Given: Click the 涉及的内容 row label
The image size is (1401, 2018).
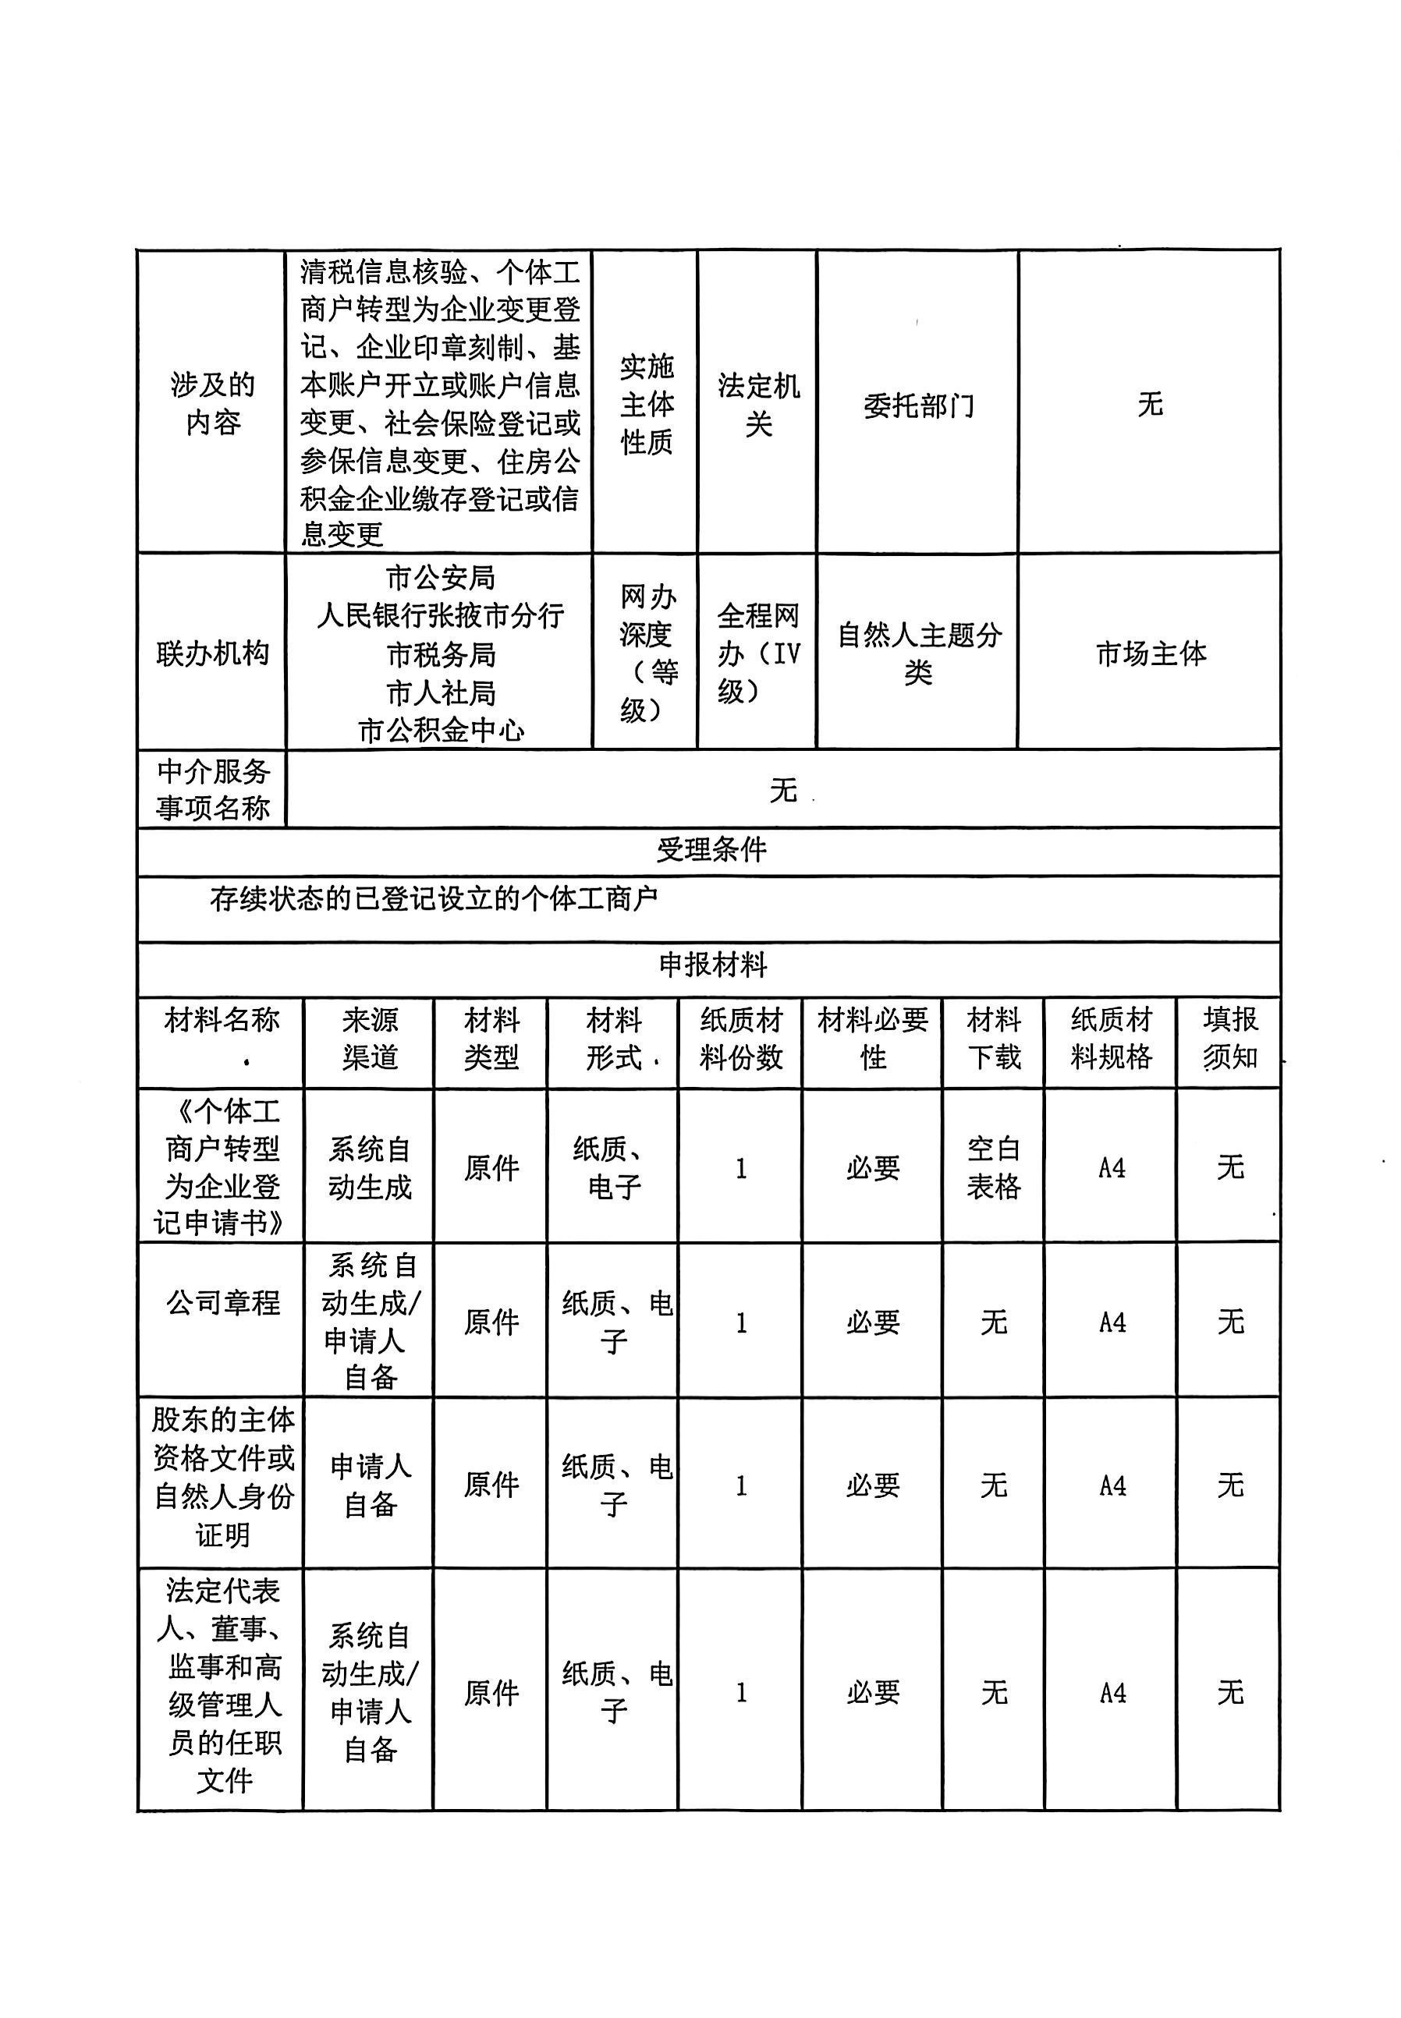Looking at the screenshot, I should (211, 404).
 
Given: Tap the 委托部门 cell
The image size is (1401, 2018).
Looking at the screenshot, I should (918, 405).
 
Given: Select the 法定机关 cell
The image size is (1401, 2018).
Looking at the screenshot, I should (757, 405).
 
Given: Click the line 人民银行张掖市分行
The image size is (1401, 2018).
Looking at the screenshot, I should (440, 616).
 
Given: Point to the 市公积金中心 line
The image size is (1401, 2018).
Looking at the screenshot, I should (440, 731).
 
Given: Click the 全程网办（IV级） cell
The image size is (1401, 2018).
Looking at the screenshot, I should (757, 653).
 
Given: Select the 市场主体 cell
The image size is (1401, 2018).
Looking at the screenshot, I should (1150, 653).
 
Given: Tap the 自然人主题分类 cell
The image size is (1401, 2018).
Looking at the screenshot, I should (918, 653).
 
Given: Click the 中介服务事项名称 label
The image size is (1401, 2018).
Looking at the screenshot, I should (211, 790).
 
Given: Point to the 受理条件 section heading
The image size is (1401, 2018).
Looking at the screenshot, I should (711, 850).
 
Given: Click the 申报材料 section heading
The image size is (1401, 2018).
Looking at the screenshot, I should (712, 966).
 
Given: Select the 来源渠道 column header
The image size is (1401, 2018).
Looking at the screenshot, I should (370, 1039).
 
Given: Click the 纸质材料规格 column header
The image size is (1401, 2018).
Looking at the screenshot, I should (1111, 1039).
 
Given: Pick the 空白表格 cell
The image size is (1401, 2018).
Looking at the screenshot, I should (993, 1168).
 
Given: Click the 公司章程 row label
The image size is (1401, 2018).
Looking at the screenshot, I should (223, 1302).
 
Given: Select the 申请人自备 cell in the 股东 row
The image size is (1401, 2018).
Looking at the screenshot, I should (370, 1485).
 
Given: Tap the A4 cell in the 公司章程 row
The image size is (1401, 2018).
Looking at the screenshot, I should (1112, 1322).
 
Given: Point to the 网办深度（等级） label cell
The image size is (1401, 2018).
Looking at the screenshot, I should (646, 653).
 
